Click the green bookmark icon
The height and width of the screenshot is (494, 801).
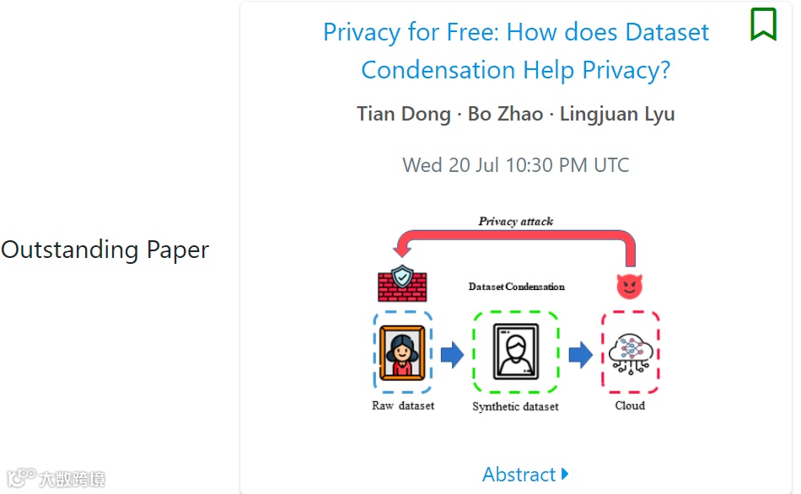[763, 24]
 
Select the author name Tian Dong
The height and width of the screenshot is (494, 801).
[403, 114]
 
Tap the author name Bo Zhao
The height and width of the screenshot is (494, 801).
[505, 114]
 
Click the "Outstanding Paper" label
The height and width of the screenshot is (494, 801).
[105, 250]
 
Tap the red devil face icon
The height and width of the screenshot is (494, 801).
[629, 286]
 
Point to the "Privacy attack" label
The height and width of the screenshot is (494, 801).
[515, 222]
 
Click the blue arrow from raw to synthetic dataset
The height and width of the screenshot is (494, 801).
[452, 354]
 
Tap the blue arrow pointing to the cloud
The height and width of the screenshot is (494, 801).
[580, 354]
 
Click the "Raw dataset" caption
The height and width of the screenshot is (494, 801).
[403, 405]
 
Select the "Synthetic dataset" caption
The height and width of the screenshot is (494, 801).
[515, 406]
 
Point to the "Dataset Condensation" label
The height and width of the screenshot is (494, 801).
[516, 287]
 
